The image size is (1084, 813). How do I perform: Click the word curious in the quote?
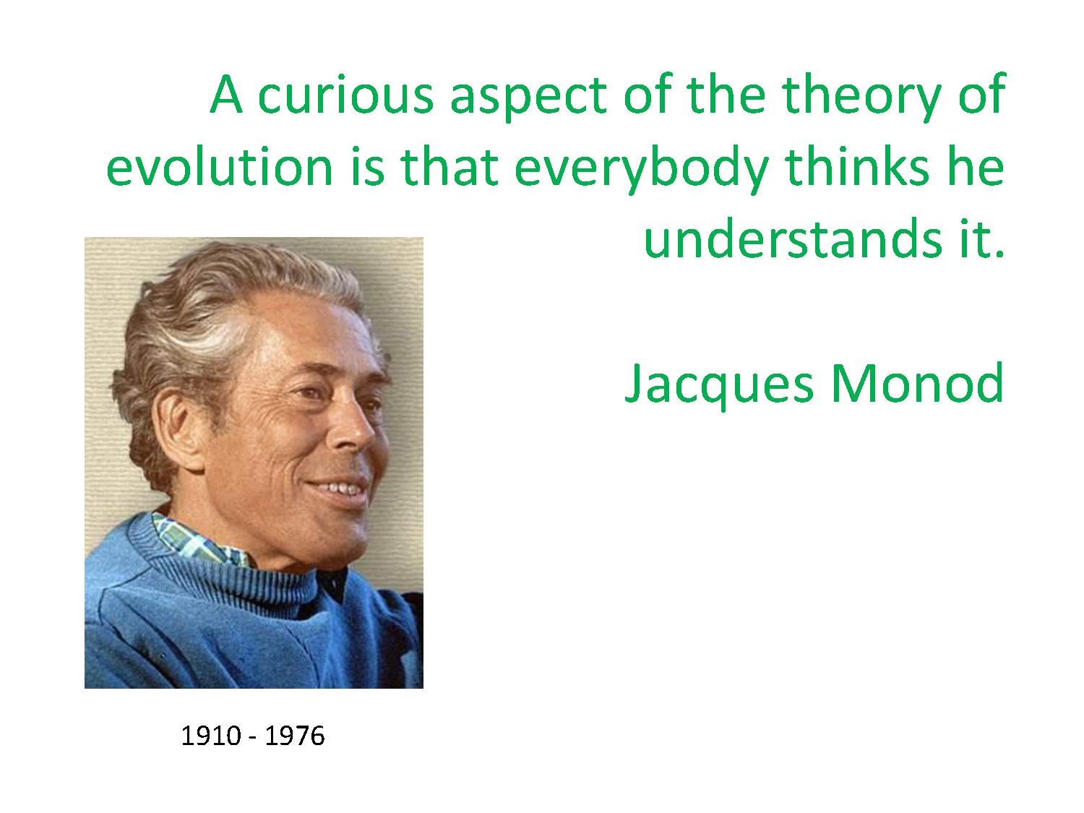click(345, 94)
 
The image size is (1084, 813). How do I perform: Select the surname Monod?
click(917, 383)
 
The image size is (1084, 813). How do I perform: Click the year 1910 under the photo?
click(211, 736)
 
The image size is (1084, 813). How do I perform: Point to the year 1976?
click(295, 736)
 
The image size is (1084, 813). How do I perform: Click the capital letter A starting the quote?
click(226, 94)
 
